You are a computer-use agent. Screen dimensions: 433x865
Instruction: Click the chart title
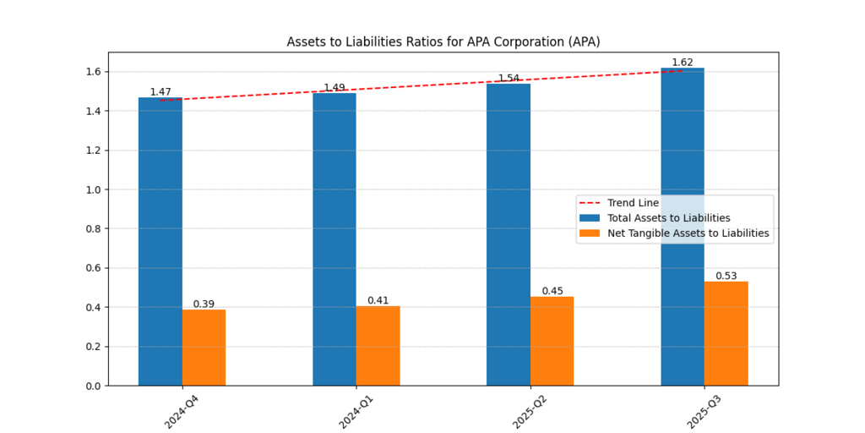443,41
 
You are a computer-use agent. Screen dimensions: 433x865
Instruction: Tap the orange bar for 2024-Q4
204,348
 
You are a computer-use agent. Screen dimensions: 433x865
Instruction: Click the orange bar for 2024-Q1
378,346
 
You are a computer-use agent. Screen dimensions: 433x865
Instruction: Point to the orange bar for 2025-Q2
552,342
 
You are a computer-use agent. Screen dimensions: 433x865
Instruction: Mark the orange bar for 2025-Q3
726,334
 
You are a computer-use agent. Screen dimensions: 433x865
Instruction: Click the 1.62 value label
683,63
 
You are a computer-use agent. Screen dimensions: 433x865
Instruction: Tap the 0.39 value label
204,304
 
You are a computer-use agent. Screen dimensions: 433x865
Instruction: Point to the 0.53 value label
726,276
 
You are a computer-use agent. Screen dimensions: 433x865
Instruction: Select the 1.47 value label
160,91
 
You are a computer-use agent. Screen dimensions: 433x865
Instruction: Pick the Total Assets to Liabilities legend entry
668,218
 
